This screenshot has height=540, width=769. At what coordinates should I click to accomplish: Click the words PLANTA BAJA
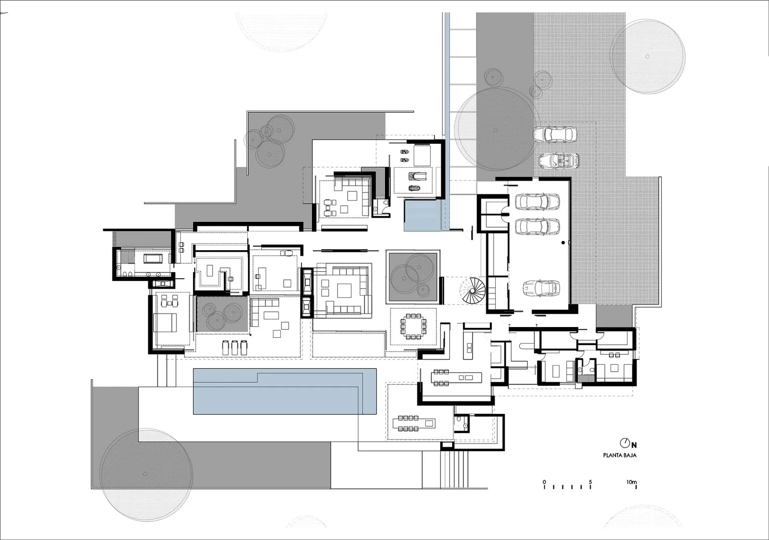point(620,455)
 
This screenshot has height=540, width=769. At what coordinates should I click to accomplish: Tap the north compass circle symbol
point(625,443)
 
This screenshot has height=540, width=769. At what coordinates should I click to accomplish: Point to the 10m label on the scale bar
point(632,482)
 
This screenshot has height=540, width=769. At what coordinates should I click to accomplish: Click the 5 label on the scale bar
point(590,482)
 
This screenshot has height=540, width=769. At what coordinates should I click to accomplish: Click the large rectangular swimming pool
point(285,391)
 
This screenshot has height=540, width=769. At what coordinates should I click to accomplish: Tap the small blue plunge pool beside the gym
point(423,215)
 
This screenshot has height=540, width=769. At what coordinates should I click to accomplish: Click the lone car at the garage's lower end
point(541,288)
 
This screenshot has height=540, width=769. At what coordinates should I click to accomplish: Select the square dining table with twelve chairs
point(414,326)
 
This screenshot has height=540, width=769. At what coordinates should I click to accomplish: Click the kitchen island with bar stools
point(456,377)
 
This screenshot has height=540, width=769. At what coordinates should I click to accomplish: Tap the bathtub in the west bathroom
point(153,259)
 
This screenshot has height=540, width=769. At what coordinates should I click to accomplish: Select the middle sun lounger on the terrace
point(235,347)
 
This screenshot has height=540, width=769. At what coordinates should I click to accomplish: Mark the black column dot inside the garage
point(563,243)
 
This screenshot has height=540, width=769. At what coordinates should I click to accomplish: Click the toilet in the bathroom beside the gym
point(376,209)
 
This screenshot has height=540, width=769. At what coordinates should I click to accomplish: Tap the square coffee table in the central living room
point(344,291)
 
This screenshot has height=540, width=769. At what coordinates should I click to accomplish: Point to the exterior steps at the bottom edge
point(454,469)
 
